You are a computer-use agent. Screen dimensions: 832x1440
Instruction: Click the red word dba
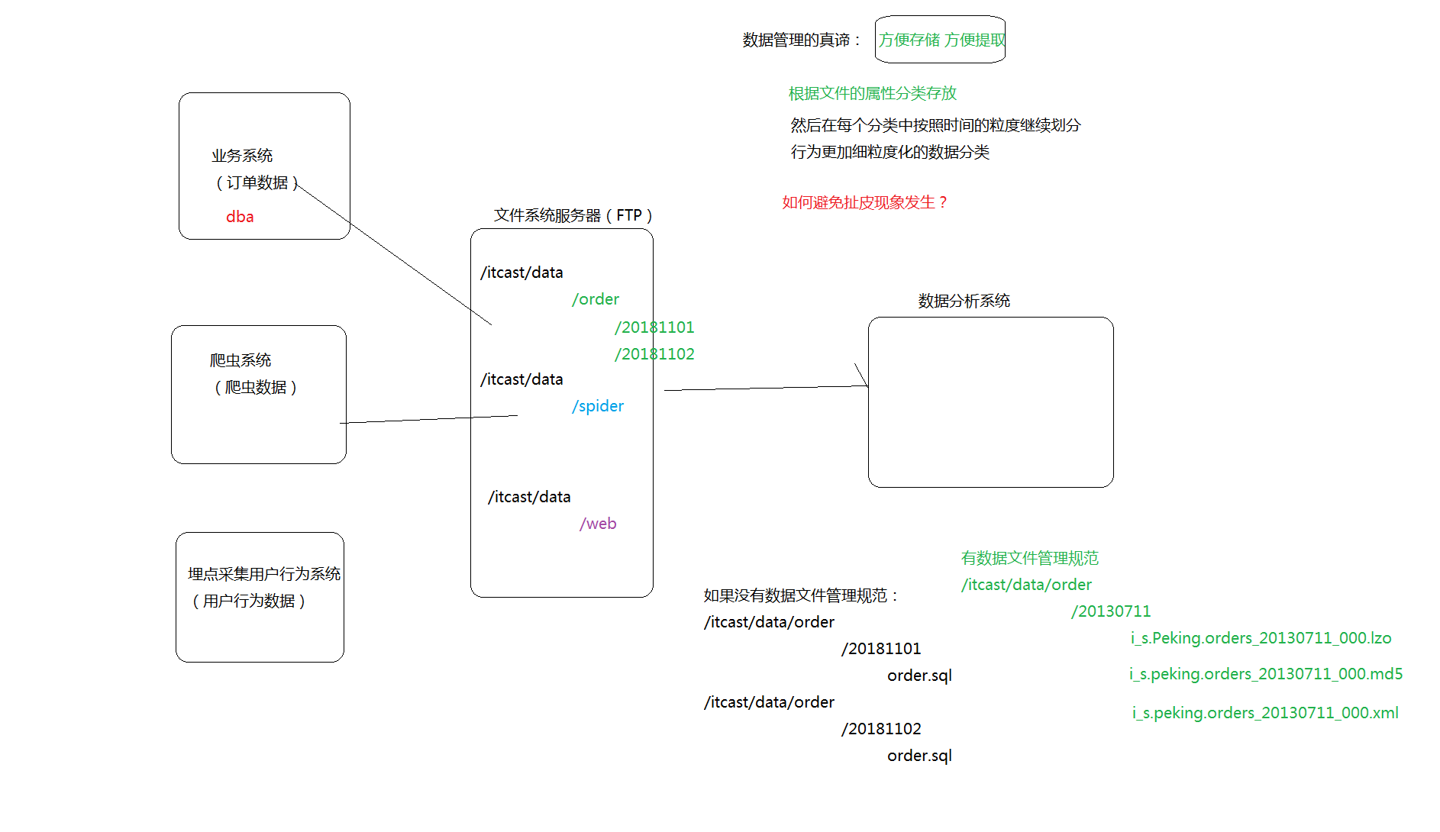click(240, 217)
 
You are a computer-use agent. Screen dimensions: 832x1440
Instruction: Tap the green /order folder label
click(596, 299)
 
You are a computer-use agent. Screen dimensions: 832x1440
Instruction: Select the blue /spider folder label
click(598, 406)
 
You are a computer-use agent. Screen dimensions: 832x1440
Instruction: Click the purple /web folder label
click(598, 524)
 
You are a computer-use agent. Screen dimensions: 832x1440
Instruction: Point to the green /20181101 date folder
click(654, 327)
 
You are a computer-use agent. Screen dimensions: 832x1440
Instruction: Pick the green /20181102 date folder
click(654, 354)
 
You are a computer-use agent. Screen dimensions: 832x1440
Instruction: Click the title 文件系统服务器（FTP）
click(573, 215)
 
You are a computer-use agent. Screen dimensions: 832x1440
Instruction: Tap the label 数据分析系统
click(964, 301)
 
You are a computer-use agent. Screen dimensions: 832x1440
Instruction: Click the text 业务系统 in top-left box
click(242, 156)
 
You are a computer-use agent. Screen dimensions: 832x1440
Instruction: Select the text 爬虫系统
click(241, 360)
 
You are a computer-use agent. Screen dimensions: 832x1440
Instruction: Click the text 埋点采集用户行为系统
click(263, 574)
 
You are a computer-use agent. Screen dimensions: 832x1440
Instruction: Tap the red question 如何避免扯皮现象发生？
click(865, 202)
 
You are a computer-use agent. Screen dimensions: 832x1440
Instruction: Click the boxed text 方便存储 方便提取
click(941, 40)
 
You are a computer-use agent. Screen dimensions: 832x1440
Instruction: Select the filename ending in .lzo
click(1261, 638)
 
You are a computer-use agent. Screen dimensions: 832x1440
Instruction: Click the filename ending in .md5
click(1265, 674)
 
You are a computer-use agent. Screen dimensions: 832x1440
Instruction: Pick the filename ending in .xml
click(1265, 713)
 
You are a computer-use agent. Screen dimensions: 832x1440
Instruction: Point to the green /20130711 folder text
click(1110, 611)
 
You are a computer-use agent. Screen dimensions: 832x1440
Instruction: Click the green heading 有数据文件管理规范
click(1029, 558)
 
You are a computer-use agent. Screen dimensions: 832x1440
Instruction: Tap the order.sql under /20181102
click(919, 756)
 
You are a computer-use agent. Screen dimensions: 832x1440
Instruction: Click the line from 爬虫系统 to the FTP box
click(428, 419)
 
